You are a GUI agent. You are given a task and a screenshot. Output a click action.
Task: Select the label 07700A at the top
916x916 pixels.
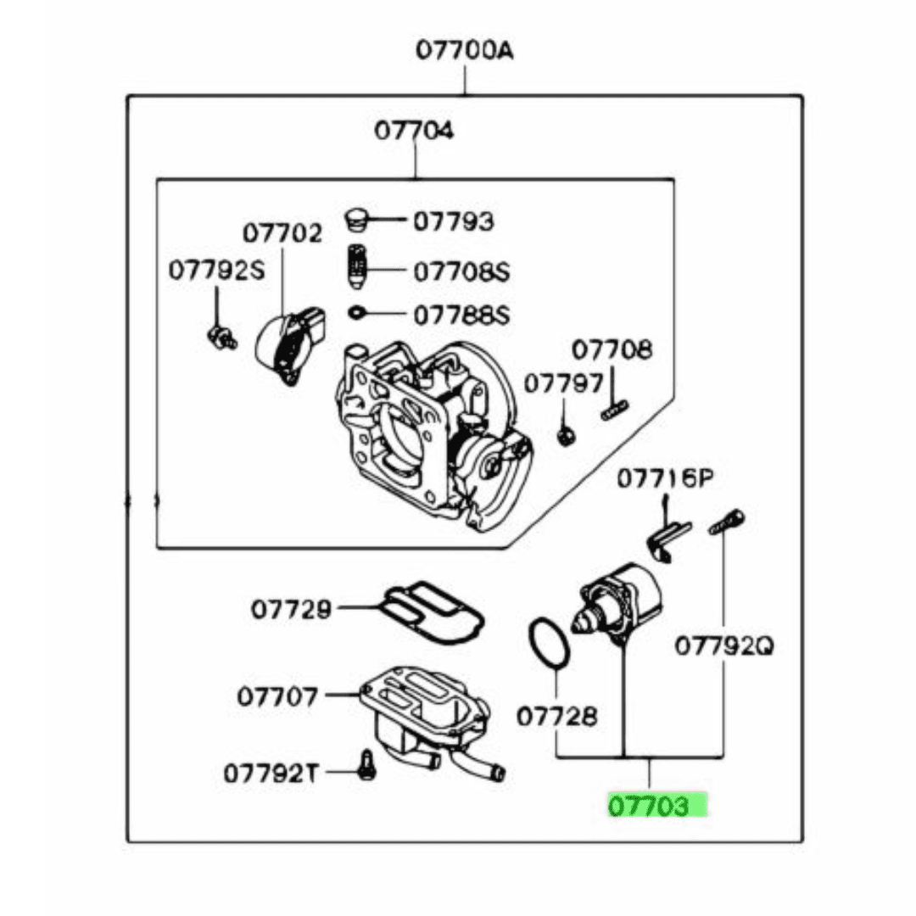[464, 52]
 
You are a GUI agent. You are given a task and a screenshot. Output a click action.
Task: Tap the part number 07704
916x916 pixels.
[415, 131]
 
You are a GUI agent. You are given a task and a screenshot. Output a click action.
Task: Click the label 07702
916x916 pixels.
[282, 232]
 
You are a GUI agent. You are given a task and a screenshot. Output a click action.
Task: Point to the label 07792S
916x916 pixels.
[216, 271]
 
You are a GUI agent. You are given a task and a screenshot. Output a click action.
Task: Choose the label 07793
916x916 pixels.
[453, 221]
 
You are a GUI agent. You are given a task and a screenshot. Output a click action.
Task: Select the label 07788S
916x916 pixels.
[461, 316]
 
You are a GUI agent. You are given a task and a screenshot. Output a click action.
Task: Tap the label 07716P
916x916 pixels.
[664, 480]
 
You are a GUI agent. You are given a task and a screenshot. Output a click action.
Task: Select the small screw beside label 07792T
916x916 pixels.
[367, 764]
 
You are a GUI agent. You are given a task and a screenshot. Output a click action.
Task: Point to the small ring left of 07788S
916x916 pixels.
[357, 314]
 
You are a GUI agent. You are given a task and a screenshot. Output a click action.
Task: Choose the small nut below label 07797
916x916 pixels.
[564, 436]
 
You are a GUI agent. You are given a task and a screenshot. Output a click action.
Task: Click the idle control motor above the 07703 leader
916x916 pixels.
[619, 602]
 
